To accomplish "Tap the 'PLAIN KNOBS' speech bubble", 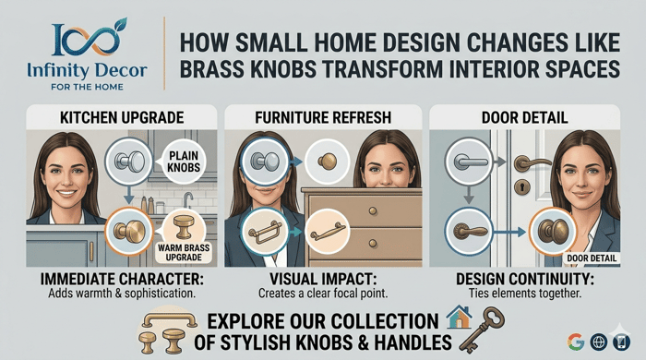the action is click(x=184, y=162).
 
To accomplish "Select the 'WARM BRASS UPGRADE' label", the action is click(x=184, y=253).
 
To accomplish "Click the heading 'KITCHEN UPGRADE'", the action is click(x=122, y=118).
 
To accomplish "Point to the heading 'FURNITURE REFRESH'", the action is click(x=323, y=118).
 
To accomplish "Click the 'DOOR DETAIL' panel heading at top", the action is click(x=524, y=118).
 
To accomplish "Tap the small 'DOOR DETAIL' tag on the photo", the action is click(x=592, y=258).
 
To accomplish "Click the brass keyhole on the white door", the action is click(x=522, y=187).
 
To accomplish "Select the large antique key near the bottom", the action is click(x=482, y=329).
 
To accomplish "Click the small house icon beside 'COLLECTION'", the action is click(x=460, y=317).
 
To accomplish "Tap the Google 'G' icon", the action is click(x=576, y=342).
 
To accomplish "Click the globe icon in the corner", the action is click(x=599, y=342).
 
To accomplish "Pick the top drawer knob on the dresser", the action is click(x=373, y=211).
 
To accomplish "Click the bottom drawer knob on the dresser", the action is click(x=373, y=244).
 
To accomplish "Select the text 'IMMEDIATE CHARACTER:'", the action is click(x=122, y=280).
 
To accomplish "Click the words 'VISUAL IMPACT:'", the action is click(x=323, y=280).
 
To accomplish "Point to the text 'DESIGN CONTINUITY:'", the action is click(x=525, y=280).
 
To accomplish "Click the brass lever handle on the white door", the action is click(x=532, y=163).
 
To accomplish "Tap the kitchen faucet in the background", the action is click(x=188, y=199).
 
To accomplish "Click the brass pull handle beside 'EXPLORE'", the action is click(x=169, y=320).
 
